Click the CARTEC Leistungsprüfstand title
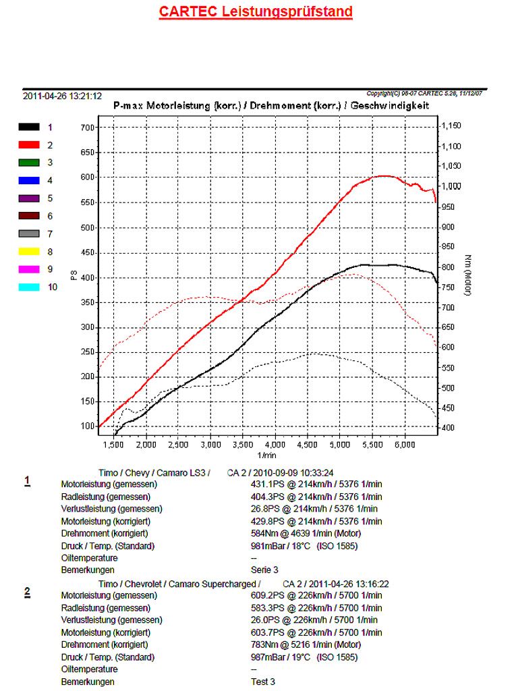(256, 11)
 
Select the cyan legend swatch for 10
(29, 287)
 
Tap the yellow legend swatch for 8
(29, 251)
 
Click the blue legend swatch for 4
(29, 180)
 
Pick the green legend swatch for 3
(29, 163)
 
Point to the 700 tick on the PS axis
(88, 128)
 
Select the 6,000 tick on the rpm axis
(404, 445)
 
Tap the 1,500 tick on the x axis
(114, 445)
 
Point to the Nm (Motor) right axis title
(467, 275)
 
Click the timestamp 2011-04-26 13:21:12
(62, 96)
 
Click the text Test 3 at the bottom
(263, 682)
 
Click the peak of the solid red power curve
(383, 175)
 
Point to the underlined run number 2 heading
(27, 592)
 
